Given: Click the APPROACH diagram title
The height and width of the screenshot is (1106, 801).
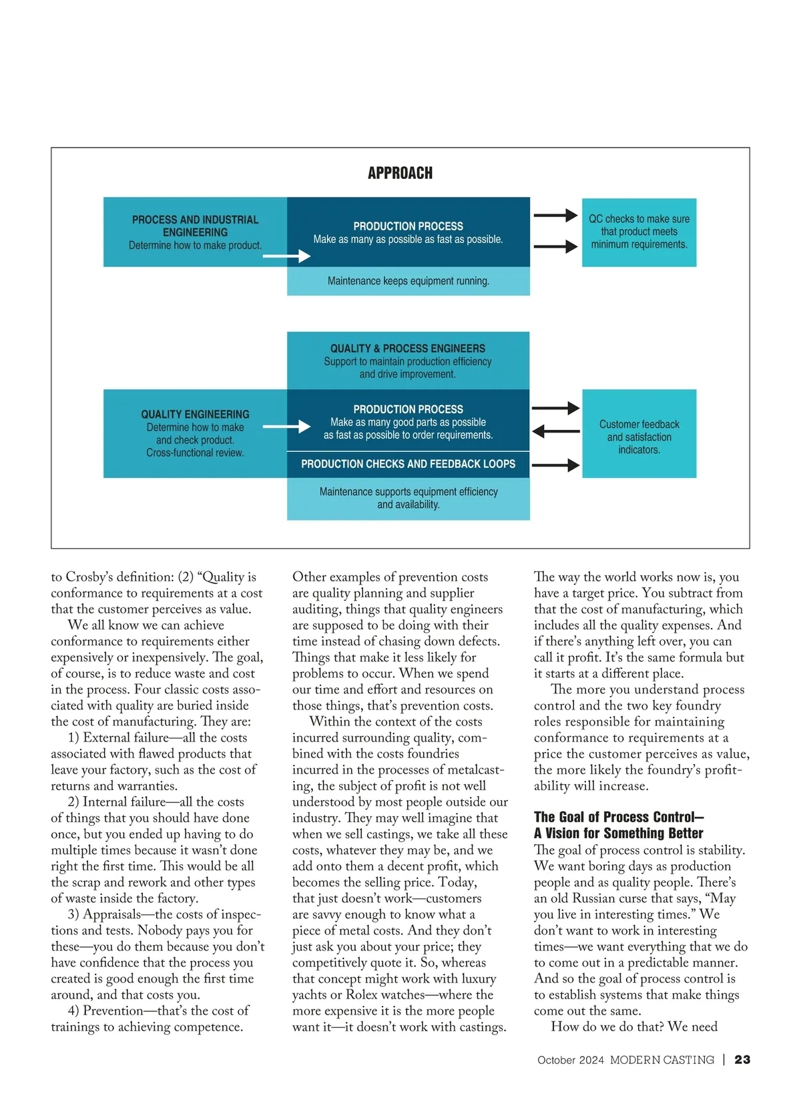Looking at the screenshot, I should pos(400,174).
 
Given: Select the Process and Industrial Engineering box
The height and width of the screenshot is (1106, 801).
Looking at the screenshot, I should pos(195,232).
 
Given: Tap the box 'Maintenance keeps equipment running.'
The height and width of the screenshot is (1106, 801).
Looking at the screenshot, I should pos(408,281).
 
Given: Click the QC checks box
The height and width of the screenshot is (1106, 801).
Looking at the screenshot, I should pos(639,232).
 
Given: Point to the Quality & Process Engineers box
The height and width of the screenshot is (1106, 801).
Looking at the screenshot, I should pos(408,360).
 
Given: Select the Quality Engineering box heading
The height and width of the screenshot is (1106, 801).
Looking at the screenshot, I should pos(195,414).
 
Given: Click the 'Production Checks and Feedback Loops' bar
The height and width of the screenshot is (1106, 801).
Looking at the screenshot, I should pos(408,464).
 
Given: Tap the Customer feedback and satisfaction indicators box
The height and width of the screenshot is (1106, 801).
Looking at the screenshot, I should pos(639,437).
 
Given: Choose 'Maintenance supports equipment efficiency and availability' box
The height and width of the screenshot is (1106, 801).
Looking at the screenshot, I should pos(408,498).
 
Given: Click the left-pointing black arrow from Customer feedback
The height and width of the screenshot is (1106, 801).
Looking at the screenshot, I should pos(556,431).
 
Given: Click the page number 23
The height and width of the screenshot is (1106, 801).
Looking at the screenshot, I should pos(742,1060).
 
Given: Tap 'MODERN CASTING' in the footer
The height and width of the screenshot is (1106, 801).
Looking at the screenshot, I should pos(661,1060).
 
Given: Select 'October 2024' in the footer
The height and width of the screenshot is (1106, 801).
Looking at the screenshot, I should pos(571,1060).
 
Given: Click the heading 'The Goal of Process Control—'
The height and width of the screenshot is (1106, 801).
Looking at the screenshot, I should pos(619,817).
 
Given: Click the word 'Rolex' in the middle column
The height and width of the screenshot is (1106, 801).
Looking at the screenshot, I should pos(361,995).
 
